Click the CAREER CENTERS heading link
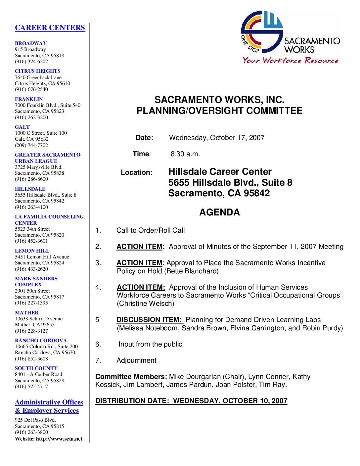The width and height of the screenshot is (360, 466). point(50,28)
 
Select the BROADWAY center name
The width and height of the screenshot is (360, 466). point(31,43)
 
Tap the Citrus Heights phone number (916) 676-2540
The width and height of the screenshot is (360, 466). point(31,89)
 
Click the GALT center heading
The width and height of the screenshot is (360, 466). point(22,127)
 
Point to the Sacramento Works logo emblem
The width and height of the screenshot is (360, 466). point(262,31)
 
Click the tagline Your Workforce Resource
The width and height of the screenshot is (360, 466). point(290,61)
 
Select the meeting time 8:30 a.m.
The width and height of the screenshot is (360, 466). point(185,154)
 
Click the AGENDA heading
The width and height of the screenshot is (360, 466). point(219,212)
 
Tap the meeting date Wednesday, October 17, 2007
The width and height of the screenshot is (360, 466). point(217,138)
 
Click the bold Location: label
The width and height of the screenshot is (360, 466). point(137,172)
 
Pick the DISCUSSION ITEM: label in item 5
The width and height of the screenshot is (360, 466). point(149,320)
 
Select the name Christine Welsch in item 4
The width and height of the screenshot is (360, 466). point(145,303)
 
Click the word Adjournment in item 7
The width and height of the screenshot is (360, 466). point(136,360)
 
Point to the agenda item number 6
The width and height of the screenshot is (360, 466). point(98,344)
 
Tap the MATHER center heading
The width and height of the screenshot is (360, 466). point(26,313)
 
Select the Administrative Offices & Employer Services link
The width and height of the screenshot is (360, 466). point(49,406)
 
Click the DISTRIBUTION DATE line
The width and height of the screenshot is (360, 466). point(191,401)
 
